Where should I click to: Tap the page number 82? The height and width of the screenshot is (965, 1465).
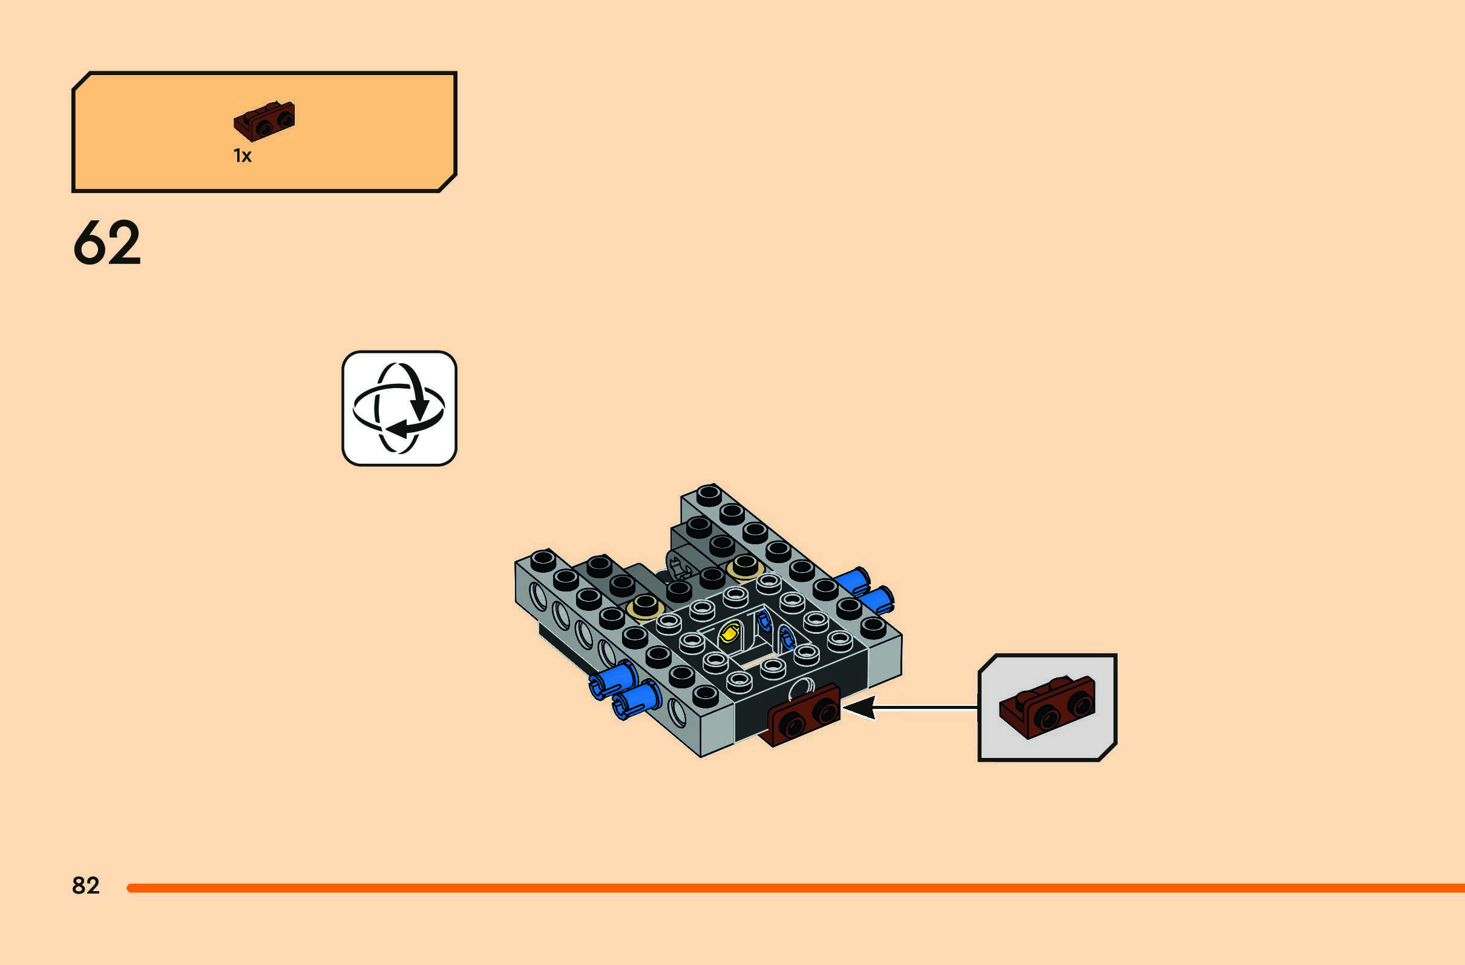pyautogui.click(x=85, y=886)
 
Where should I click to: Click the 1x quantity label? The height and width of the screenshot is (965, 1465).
pyautogui.click(x=243, y=156)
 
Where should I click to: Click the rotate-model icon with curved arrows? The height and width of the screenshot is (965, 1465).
pyautogui.click(x=399, y=408)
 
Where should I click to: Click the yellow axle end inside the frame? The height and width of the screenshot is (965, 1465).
pyautogui.click(x=730, y=633)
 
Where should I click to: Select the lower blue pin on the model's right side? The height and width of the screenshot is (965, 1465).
pyautogui.click(x=876, y=599)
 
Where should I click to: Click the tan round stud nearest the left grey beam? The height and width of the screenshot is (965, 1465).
pyautogui.click(x=644, y=607)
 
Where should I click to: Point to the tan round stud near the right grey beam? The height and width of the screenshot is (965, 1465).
pyautogui.click(x=744, y=566)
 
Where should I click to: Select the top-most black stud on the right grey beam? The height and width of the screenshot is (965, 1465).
pyautogui.click(x=709, y=494)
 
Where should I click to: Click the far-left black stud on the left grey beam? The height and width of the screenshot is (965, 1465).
pyautogui.click(x=542, y=560)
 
